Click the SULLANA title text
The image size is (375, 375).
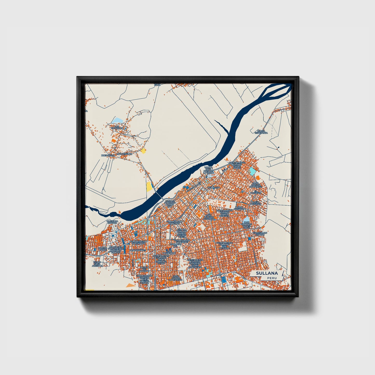[x=267, y=273]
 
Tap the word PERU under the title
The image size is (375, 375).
[x=272, y=278]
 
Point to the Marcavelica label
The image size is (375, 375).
[x=124, y=154]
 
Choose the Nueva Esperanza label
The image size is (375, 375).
[x=261, y=132]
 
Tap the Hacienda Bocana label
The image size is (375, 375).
[x=112, y=222]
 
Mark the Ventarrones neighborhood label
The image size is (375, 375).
[x=138, y=250]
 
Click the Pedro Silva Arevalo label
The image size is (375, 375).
[x=98, y=264]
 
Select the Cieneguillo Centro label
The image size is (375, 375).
[x=260, y=234]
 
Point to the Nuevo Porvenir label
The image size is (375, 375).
[x=256, y=203]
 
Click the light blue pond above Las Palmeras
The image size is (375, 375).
[x=118, y=120]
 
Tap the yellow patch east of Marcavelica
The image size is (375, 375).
[x=143, y=151]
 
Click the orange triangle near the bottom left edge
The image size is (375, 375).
[x=130, y=285]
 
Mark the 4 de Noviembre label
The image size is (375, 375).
[x=169, y=252]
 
